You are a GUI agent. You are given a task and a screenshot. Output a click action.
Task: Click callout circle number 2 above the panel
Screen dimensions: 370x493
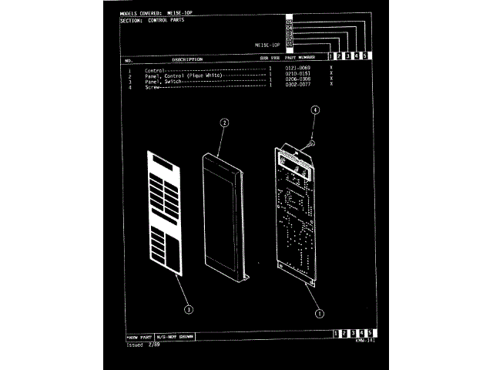224,123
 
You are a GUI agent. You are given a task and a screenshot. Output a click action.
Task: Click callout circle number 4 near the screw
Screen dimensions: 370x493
315,110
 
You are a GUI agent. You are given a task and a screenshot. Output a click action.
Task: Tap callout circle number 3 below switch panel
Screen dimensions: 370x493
189,309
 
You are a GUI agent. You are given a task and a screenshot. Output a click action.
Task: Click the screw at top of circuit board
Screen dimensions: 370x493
307,143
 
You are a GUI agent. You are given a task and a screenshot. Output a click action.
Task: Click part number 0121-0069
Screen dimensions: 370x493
297,69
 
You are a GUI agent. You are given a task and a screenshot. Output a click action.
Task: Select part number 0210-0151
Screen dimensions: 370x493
297,75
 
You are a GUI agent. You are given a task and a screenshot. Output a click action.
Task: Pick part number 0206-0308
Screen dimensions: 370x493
297,80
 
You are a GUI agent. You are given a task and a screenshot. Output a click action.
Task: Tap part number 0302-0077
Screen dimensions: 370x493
297,86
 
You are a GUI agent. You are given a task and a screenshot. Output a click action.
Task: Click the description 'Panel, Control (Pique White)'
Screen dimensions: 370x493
183,75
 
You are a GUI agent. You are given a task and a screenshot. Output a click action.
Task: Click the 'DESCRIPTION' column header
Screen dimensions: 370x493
187,59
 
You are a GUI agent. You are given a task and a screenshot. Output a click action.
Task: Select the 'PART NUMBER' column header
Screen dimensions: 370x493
300,58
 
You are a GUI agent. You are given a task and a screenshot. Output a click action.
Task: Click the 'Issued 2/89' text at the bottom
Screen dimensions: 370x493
139,345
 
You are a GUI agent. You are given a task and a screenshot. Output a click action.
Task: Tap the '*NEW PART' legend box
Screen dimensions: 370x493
139,338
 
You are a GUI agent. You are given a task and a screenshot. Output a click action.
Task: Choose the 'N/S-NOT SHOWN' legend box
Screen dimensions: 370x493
174,338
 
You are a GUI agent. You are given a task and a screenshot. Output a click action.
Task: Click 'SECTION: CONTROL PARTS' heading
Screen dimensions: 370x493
153,22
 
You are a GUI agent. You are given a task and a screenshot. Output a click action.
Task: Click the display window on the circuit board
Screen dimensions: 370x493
297,164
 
